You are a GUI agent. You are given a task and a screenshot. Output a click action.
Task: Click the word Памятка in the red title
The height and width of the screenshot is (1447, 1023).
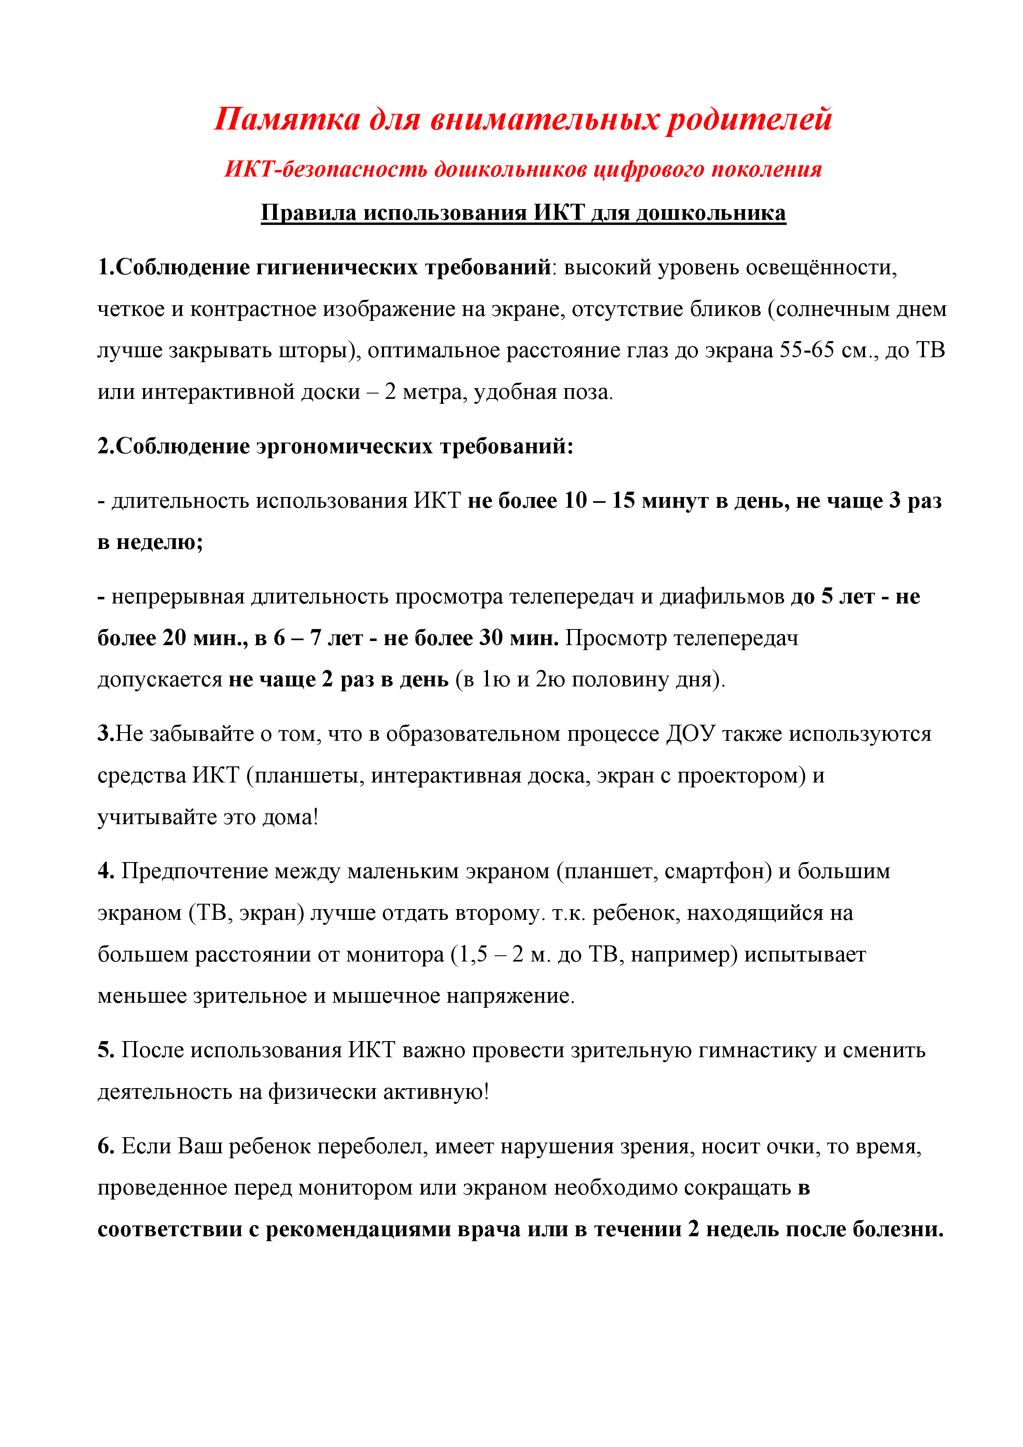point(287,119)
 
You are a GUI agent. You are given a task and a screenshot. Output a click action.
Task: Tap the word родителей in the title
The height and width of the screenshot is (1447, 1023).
point(750,119)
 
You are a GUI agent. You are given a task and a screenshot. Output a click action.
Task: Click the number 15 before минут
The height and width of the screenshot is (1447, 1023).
point(623,500)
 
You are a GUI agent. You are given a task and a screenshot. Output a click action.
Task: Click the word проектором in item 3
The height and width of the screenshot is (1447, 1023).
point(741,775)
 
